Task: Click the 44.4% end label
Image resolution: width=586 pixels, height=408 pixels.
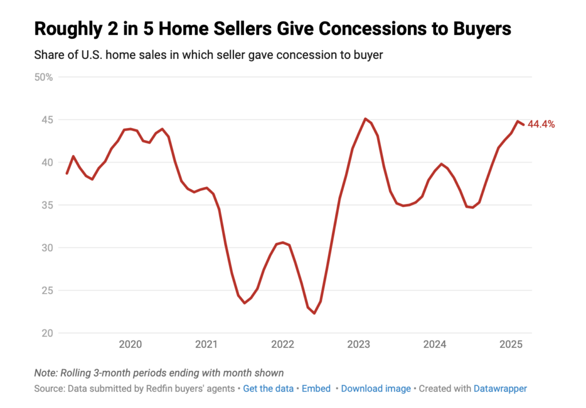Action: [x=541, y=124]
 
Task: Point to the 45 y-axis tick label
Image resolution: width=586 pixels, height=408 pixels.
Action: [x=46, y=120]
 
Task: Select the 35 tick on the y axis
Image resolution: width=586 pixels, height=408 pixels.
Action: [x=46, y=205]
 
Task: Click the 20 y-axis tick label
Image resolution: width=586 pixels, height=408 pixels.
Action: [x=46, y=333]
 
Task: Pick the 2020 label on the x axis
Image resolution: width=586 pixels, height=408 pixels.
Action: [x=130, y=345]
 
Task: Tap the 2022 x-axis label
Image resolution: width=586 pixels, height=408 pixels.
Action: [x=283, y=345]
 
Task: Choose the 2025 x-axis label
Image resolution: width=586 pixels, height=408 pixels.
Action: [x=511, y=345]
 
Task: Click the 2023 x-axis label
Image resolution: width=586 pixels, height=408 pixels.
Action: [x=359, y=345]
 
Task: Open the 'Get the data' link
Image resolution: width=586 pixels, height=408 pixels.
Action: [x=268, y=389]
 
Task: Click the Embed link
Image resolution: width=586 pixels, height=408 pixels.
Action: [x=316, y=389]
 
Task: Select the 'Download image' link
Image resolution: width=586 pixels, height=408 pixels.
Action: [x=376, y=389]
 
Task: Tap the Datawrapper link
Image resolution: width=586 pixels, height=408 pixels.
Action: [x=500, y=389]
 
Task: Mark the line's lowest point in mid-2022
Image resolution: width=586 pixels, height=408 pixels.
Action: [x=314, y=313]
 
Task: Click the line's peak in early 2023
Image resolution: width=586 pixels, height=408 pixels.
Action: [x=365, y=119]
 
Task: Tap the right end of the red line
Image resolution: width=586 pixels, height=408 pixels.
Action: [x=523, y=125]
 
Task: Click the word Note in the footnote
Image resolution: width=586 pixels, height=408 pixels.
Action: [x=45, y=373]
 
